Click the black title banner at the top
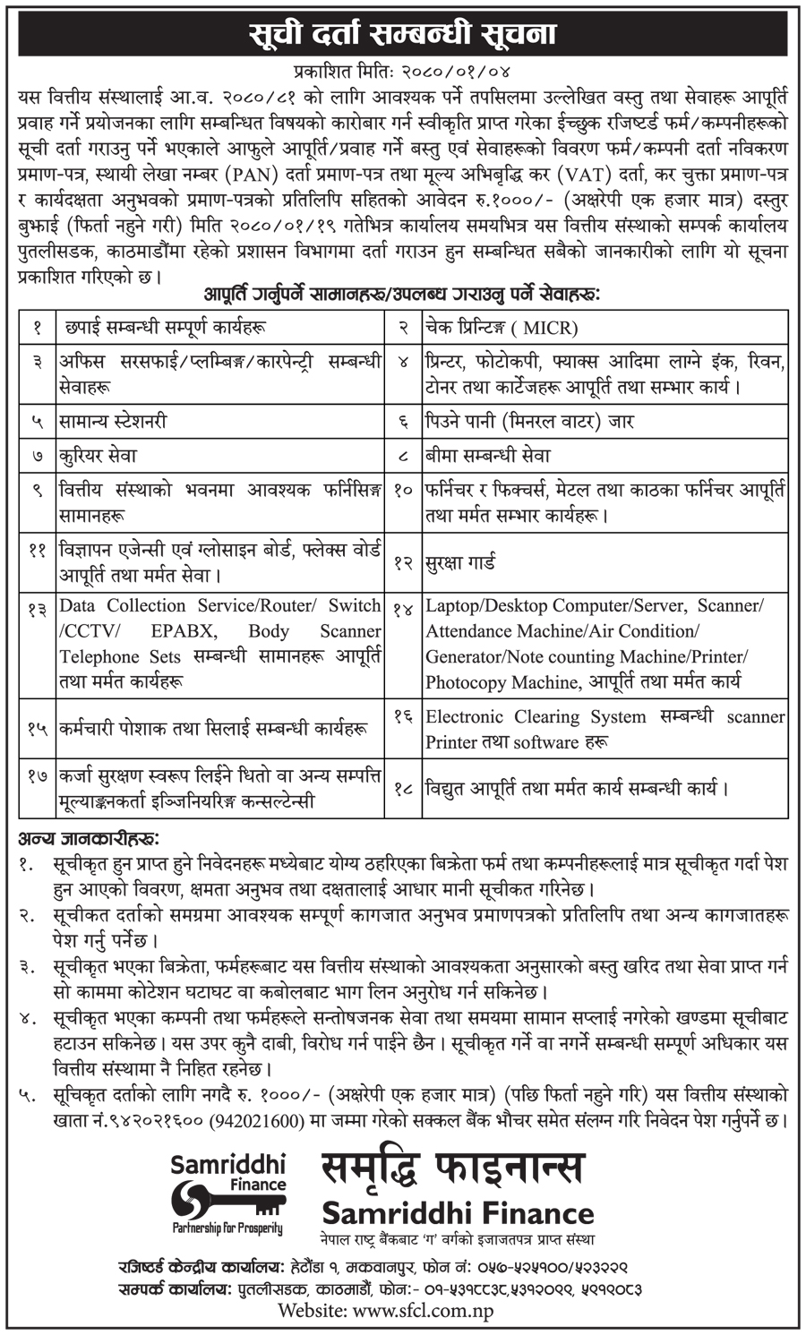[x=402, y=34]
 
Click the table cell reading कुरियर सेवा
[x=99, y=455]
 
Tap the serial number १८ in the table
[x=404, y=791]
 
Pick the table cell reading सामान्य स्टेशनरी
[x=113, y=420]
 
